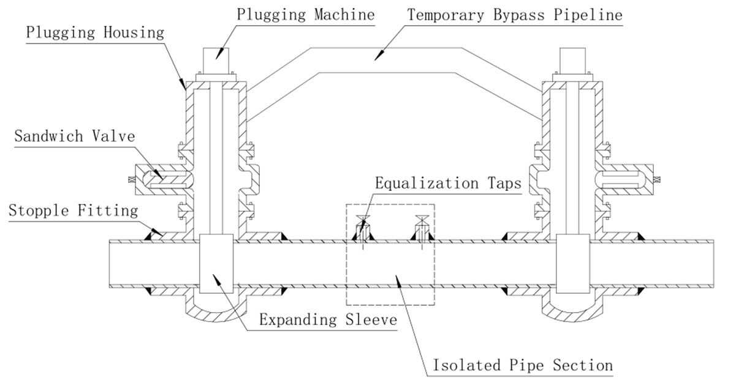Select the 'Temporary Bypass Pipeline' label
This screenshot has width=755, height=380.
click(514, 15)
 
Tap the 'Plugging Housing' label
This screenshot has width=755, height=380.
click(95, 32)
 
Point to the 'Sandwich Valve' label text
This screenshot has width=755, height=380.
click(74, 135)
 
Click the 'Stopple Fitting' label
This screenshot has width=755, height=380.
click(74, 211)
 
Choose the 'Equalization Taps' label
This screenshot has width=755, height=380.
click(448, 183)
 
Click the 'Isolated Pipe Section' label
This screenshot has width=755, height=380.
click(523, 365)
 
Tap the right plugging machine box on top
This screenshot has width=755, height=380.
click(572, 61)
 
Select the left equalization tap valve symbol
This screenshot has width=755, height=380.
click(363, 221)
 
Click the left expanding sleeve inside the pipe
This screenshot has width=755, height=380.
click(216, 263)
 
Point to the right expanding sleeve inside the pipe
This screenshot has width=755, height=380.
click(572, 263)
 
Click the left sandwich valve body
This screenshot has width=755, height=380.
click(161, 177)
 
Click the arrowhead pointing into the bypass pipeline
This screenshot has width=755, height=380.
click(379, 56)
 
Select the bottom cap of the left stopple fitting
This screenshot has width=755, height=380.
click(216, 309)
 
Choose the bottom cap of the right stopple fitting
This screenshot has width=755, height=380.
click(572, 309)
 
